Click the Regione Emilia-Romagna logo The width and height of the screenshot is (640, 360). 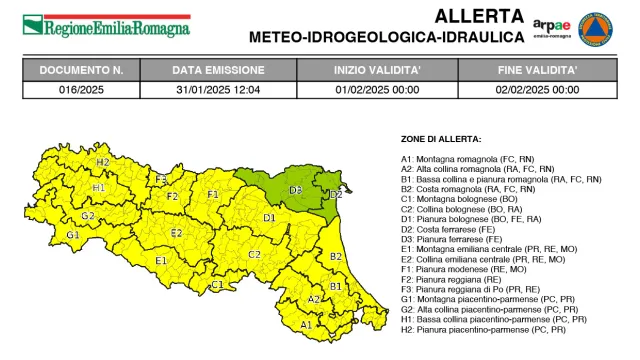[x=106, y=26]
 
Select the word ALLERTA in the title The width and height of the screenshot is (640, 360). [x=479, y=16]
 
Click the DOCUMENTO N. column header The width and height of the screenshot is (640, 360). [x=80, y=71]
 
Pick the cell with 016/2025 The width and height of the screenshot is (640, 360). [x=80, y=89]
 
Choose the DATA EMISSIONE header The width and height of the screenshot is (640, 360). [x=218, y=71]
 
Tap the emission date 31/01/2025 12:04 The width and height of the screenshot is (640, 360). [x=218, y=89]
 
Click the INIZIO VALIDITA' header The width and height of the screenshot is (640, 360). [x=379, y=71]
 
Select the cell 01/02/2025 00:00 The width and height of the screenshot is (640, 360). [x=379, y=89]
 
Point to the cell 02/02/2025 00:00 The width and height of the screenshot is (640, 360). [x=538, y=89]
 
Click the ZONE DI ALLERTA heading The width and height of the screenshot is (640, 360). [x=441, y=138]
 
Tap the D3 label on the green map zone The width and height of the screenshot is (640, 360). [x=295, y=189]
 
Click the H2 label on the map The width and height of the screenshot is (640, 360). [x=102, y=162]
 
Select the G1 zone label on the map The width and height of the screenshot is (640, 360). [x=72, y=235]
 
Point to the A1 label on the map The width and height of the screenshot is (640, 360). [x=306, y=324]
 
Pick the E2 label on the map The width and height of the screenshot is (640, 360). [x=176, y=233]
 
